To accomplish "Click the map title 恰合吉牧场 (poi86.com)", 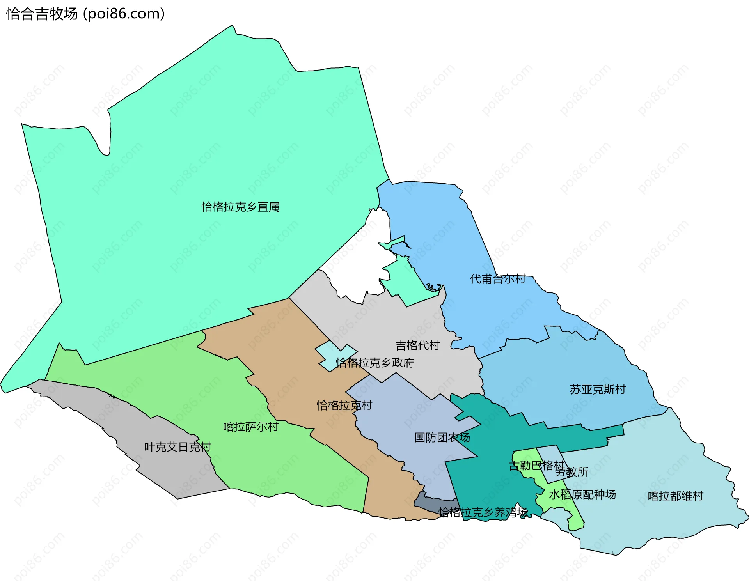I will click(85, 14).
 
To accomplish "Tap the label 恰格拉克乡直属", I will click(240, 207).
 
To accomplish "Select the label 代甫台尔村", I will click(497, 279).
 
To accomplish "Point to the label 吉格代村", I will click(417, 345).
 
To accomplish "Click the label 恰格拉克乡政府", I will click(375, 363).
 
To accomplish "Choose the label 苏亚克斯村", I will click(597, 389).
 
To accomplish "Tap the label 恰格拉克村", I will click(344, 405).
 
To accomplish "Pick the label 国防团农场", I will click(442, 438).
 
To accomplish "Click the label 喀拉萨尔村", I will click(250, 427).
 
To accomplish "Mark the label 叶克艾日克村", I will click(177, 447).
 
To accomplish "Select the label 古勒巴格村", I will click(536, 466).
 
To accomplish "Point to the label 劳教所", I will click(572, 472).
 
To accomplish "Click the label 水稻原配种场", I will click(582, 494).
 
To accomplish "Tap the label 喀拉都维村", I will click(675, 496).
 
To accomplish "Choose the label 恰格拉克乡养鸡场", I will click(483, 512).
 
